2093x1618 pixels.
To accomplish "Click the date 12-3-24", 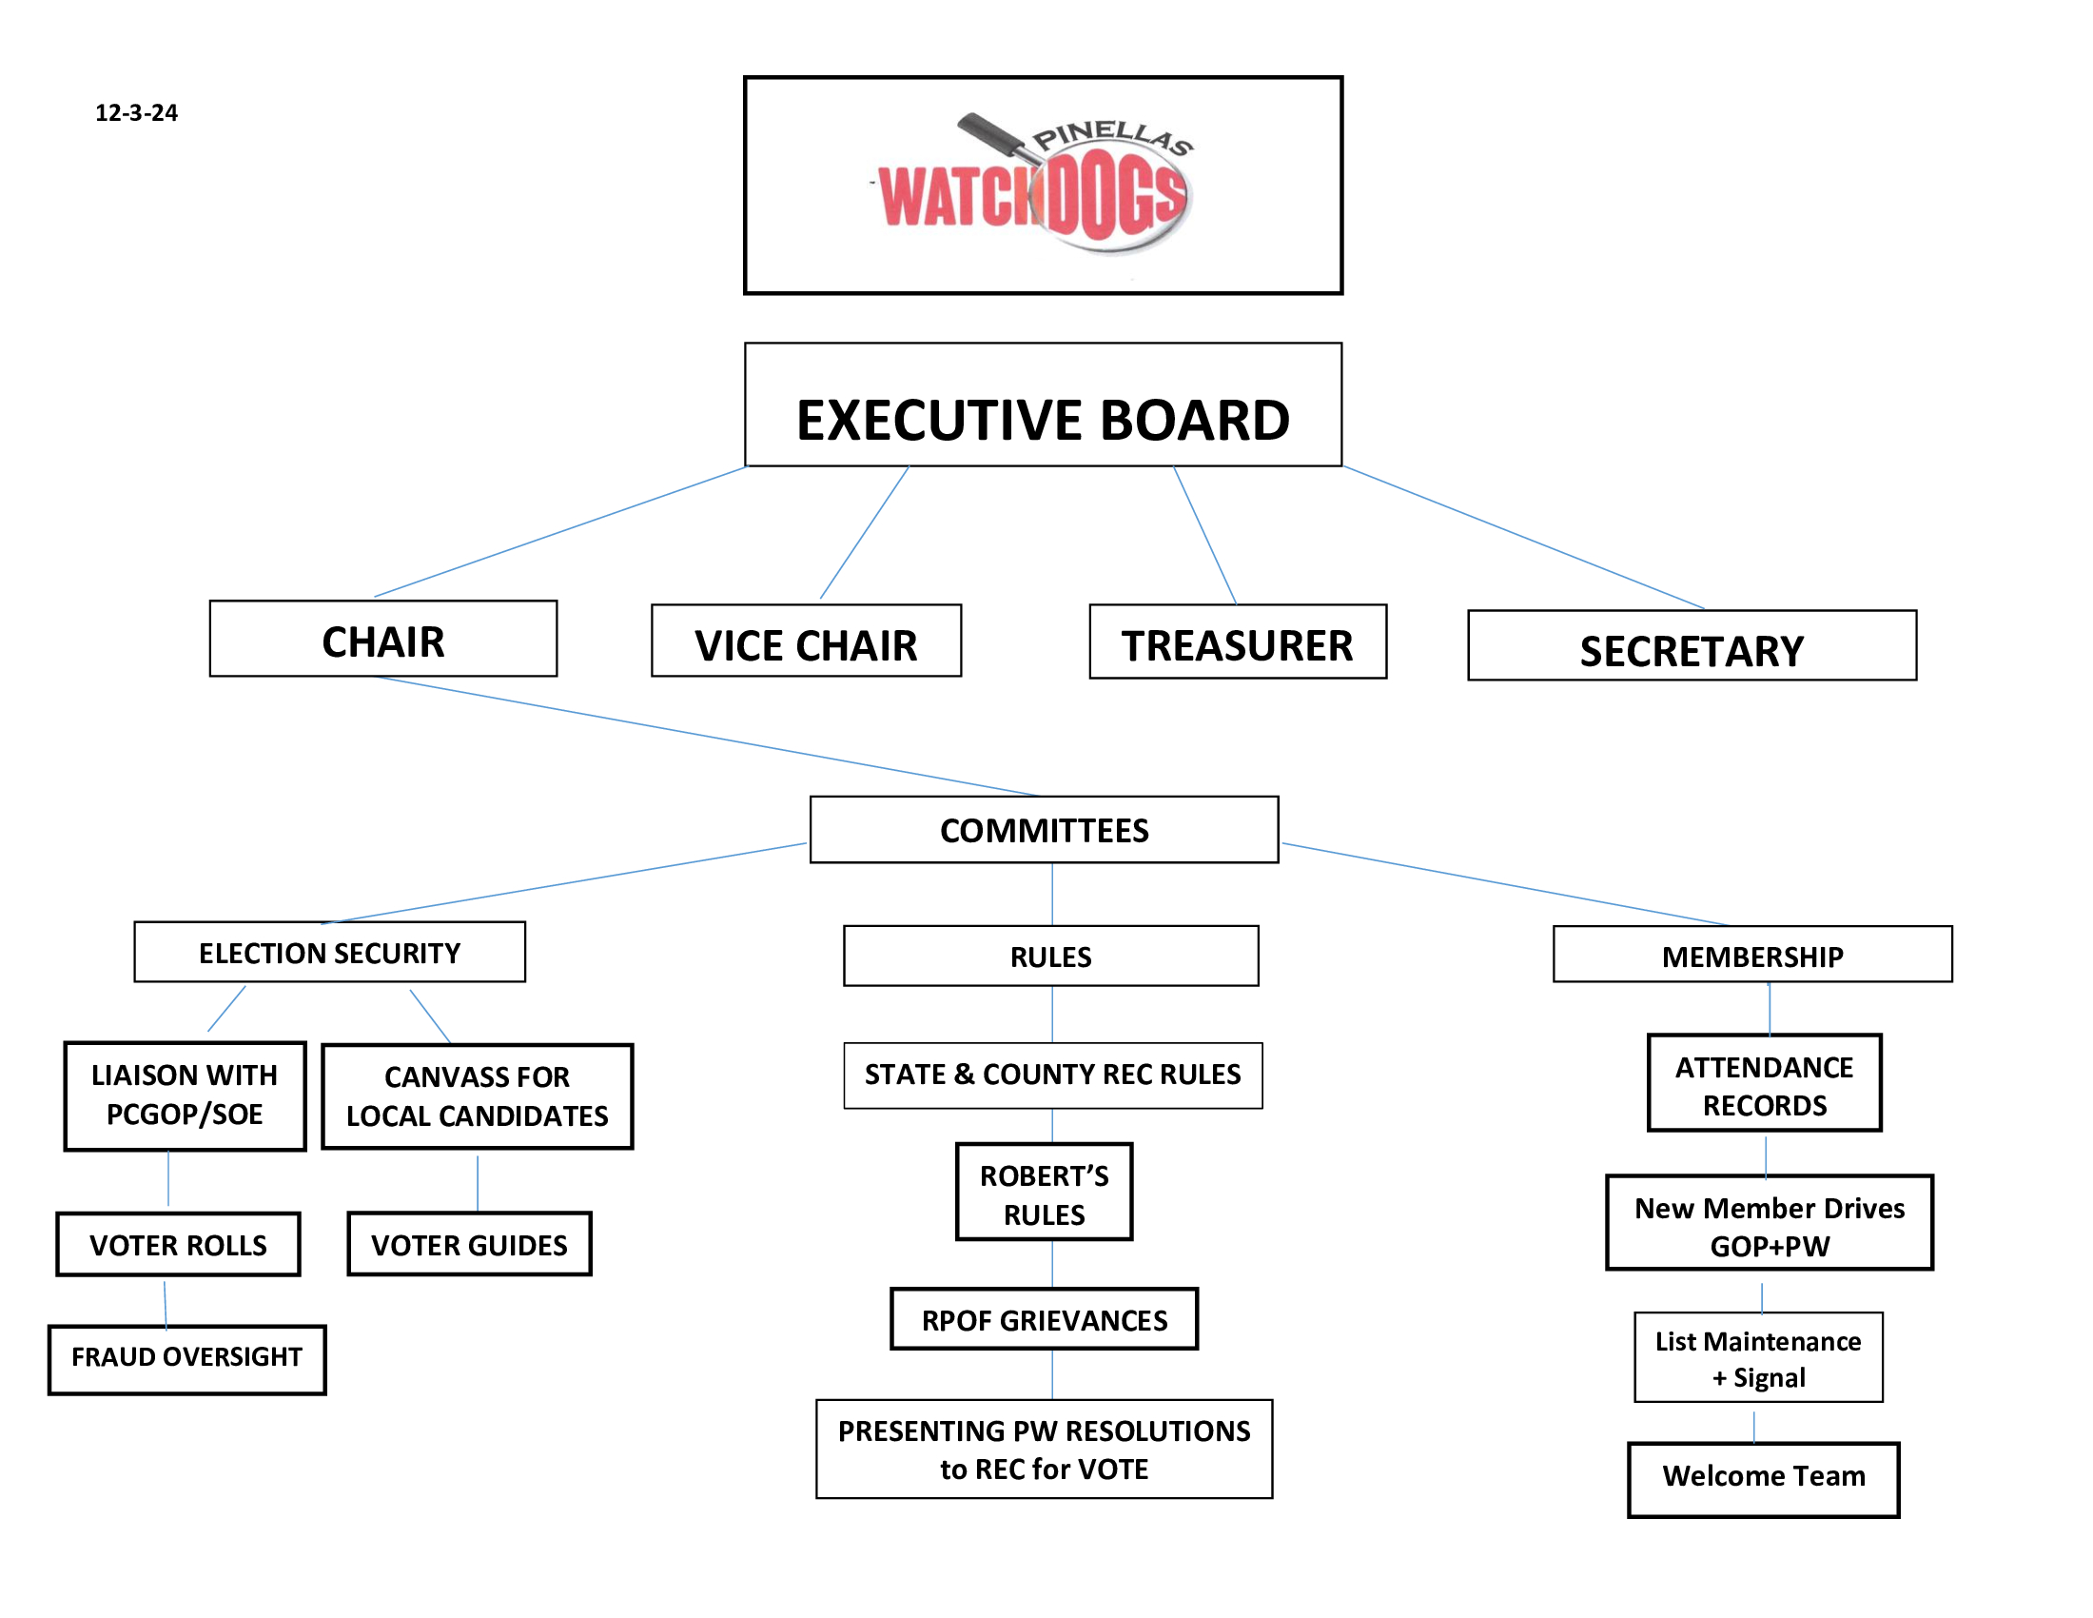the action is (136, 113).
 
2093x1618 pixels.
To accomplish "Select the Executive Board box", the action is (1043, 404).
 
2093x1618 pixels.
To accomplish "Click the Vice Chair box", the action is (806, 641).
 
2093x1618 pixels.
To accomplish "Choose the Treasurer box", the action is (1237, 641).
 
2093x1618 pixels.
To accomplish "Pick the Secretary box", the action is (1692, 645).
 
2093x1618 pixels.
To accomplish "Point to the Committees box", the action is (1044, 829).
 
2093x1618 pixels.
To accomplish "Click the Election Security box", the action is (330, 952).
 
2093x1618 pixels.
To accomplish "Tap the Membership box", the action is (1751, 954).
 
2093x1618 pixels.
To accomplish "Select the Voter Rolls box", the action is (178, 1244).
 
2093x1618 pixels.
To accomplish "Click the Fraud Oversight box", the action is (186, 1359).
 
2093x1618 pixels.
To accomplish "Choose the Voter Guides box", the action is (470, 1244).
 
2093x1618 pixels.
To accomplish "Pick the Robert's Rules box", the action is (1044, 1192).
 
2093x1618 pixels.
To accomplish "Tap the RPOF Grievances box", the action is (1044, 1319).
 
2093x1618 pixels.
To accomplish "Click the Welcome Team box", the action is (1763, 1480).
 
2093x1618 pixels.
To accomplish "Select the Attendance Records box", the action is (1764, 1082).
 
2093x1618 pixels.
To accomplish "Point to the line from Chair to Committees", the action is (706, 736).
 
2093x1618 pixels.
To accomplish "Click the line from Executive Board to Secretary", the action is (1524, 537).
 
